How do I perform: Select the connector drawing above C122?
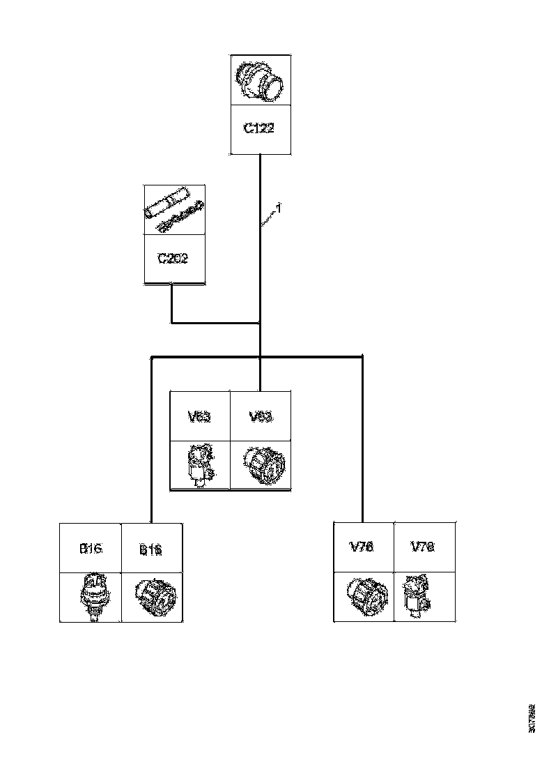tap(260, 81)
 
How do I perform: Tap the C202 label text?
tap(173, 259)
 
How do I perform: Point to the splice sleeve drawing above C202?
tap(173, 209)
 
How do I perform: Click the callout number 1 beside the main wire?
tap(279, 208)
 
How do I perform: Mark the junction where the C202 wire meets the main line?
tap(260, 323)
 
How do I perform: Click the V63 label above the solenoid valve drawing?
tap(200, 417)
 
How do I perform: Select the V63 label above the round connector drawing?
tap(261, 417)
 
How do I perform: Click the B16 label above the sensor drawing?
tap(91, 549)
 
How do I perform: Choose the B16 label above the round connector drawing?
tap(150, 550)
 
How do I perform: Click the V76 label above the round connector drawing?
tap(362, 547)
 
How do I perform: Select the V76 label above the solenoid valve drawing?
tap(423, 547)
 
